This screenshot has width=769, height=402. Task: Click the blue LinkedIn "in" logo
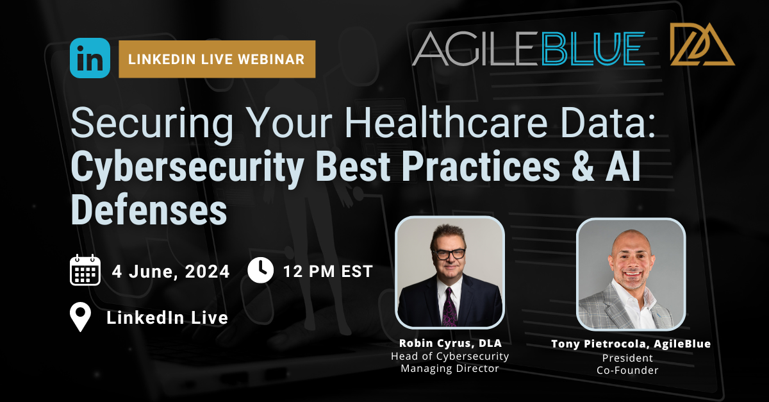(90, 58)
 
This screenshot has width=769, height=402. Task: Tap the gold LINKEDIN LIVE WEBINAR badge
(217, 59)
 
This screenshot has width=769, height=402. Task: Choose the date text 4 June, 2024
(170, 272)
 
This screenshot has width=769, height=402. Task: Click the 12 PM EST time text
(327, 272)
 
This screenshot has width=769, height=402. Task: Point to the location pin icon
(80, 317)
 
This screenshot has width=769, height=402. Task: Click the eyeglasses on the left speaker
(449, 254)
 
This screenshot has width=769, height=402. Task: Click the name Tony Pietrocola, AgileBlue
(631, 344)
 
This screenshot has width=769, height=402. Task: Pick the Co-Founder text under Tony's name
(631, 370)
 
